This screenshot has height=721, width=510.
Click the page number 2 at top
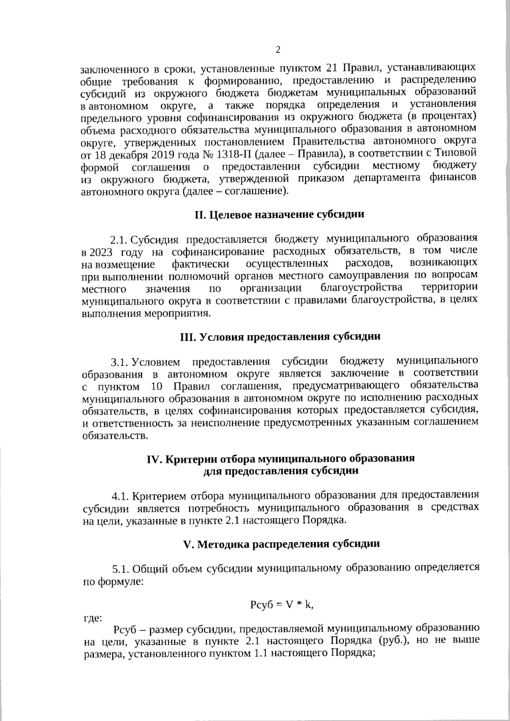(x=278, y=50)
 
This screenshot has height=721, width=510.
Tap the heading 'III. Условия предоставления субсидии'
(x=279, y=337)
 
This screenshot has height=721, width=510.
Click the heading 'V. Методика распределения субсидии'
(x=281, y=544)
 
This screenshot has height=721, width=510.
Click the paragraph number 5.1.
(x=120, y=568)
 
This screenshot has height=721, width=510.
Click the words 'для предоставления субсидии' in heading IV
(x=281, y=471)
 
